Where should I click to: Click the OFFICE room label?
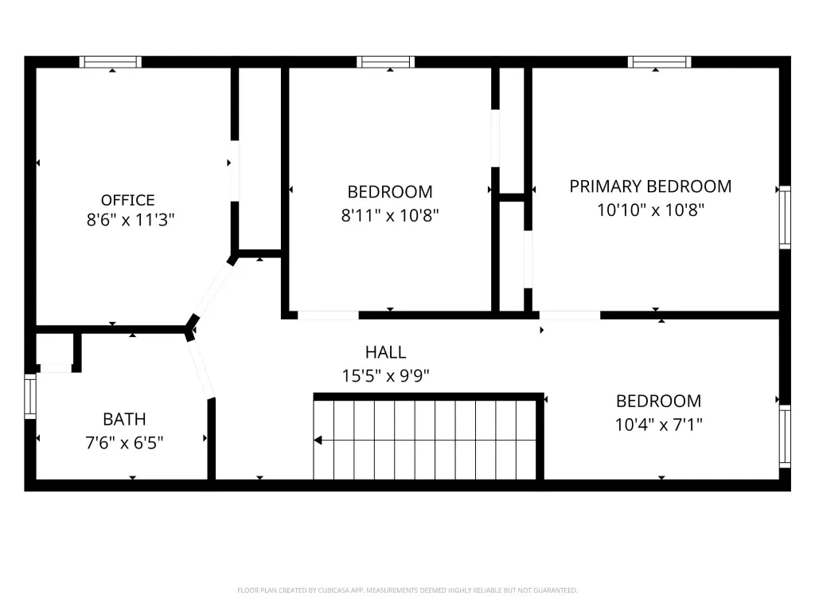(x=128, y=200)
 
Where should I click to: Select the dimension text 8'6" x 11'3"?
(x=131, y=220)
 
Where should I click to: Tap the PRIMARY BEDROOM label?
(x=650, y=186)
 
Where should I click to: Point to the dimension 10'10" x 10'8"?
(x=650, y=210)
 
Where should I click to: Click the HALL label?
(x=386, y=352)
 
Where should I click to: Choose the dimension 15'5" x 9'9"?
(x=386, y=375)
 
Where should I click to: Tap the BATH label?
(x=124, y=419)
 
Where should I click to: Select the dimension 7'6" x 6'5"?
(x=124, y=443)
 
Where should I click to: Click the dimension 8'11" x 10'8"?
(x=390, y=215)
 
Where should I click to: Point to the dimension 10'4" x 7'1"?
(x=658, y=425)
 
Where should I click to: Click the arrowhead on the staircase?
(x=318, y=441)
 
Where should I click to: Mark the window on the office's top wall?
(x=110, y=62)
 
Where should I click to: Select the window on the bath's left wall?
(x=31, y=396)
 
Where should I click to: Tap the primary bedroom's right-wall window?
(x=785, y=217)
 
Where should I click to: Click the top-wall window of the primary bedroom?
(x=660, y=62)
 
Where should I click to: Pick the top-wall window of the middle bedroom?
(x=386, y=62)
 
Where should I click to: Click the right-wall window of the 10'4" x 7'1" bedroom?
(x=785, y=436)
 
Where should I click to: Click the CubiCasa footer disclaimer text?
(x=407, y=590)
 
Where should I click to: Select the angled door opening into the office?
(x=213, y=291)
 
